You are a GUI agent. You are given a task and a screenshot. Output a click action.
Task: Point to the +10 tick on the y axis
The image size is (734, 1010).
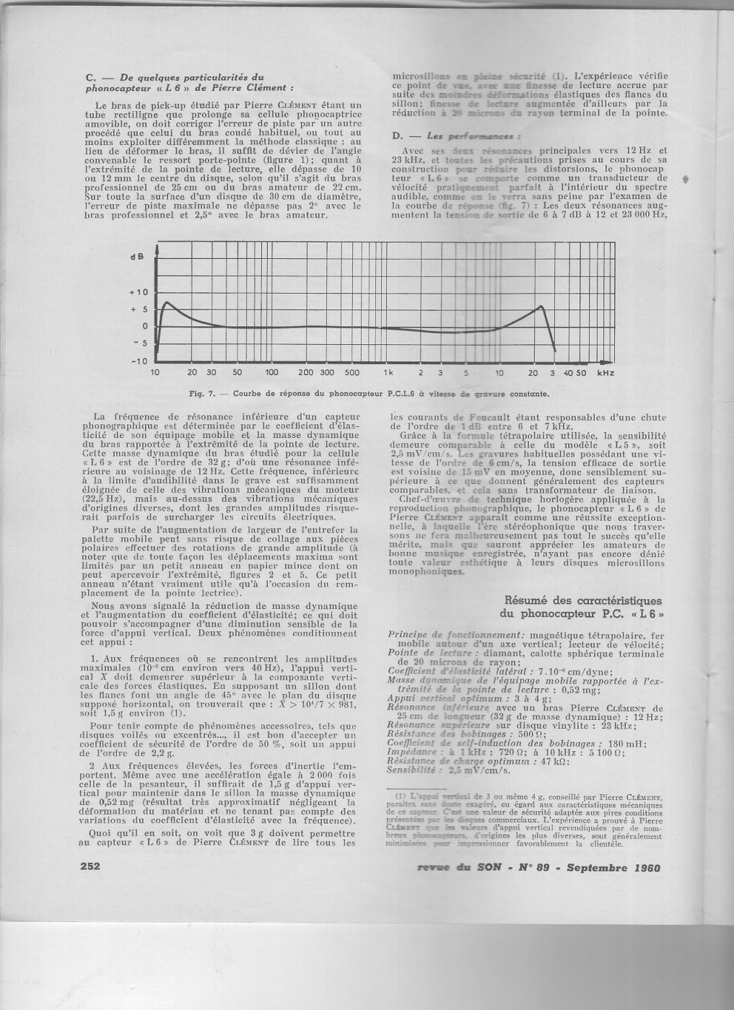coord(138,292)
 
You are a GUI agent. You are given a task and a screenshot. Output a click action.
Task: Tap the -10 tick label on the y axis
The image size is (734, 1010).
coord(138,360)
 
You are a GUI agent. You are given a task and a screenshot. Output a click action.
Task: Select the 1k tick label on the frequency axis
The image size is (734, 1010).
coord(388,373)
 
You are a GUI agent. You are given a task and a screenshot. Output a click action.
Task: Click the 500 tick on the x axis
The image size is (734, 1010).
coord(351,373)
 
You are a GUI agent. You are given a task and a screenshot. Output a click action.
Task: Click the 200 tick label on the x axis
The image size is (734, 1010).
coord(305,373)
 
